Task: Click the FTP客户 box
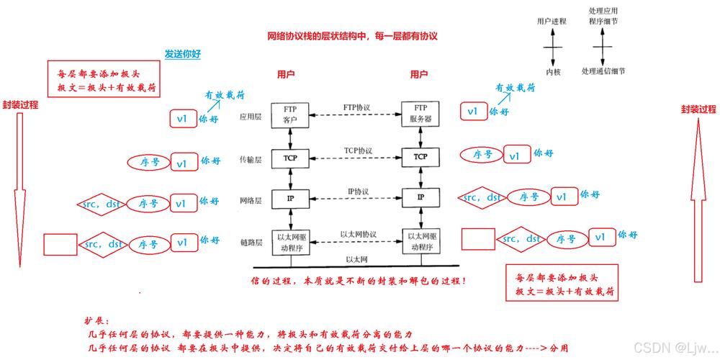point(290,114)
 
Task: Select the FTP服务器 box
point(420,114)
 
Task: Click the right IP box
point(420,197)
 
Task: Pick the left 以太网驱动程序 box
point(290,241)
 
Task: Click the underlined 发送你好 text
point(181,54)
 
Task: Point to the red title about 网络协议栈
point(353,35)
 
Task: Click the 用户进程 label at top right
point(552,22)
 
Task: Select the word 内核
point(552,71)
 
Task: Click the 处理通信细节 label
point(603,71)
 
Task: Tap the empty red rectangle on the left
point(60,244)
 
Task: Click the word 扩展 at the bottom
point(94,322)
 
